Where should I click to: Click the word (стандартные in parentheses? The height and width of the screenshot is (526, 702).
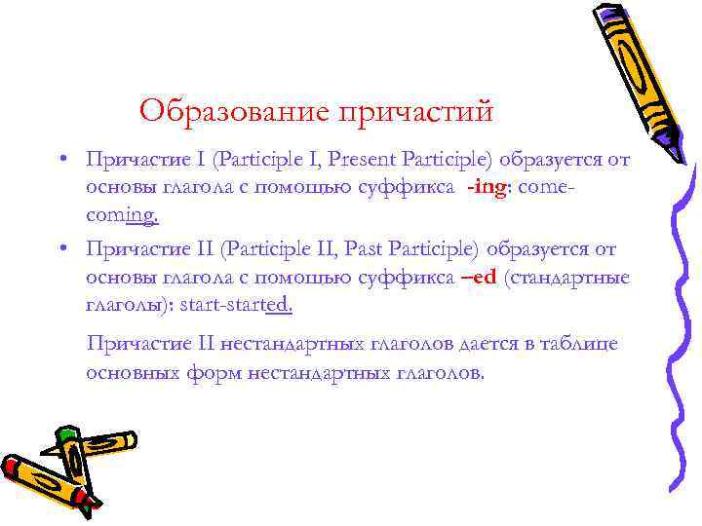pyautogui.click(x=566, y=278)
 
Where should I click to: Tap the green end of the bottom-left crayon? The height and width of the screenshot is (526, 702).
pyautogui.click(x=66, y=432)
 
